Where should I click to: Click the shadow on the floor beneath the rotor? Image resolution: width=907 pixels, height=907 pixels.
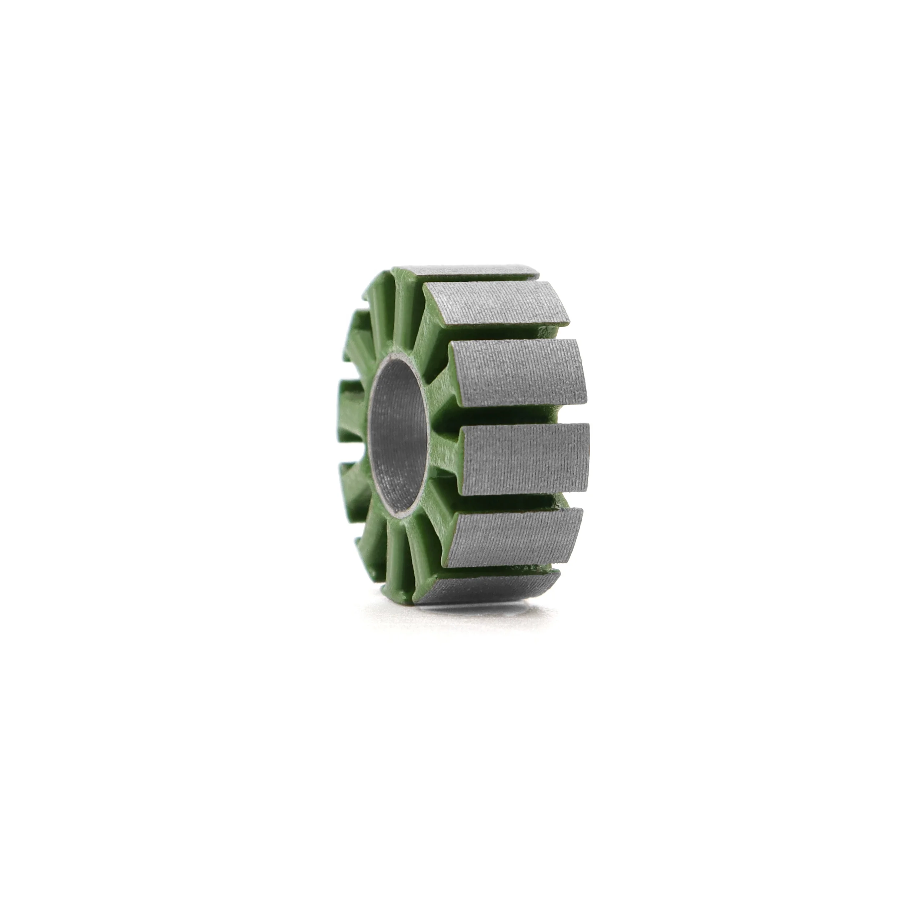(x=469, y=610)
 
